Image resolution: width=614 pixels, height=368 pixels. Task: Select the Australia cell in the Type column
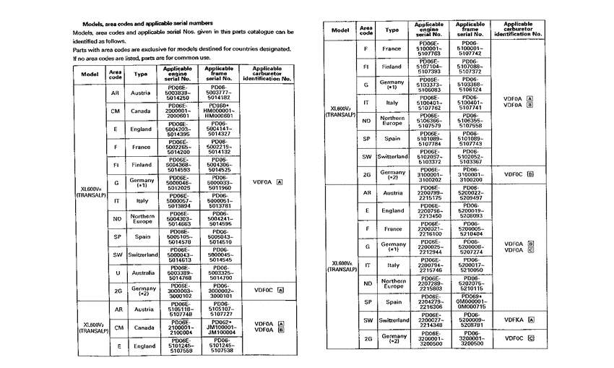coord(141,273)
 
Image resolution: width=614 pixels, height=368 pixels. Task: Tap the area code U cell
coord(116,273)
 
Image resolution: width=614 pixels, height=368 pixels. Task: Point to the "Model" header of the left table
coord(90,74)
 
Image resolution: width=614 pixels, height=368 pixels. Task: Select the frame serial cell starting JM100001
coord(222,328)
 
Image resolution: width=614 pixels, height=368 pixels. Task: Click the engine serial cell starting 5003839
coord(178,93)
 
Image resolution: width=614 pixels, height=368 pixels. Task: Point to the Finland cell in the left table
coord(141,165)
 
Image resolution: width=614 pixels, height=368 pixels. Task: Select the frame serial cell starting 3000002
coord(222,291)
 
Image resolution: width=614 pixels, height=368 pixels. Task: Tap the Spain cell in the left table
coord(141,236)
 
